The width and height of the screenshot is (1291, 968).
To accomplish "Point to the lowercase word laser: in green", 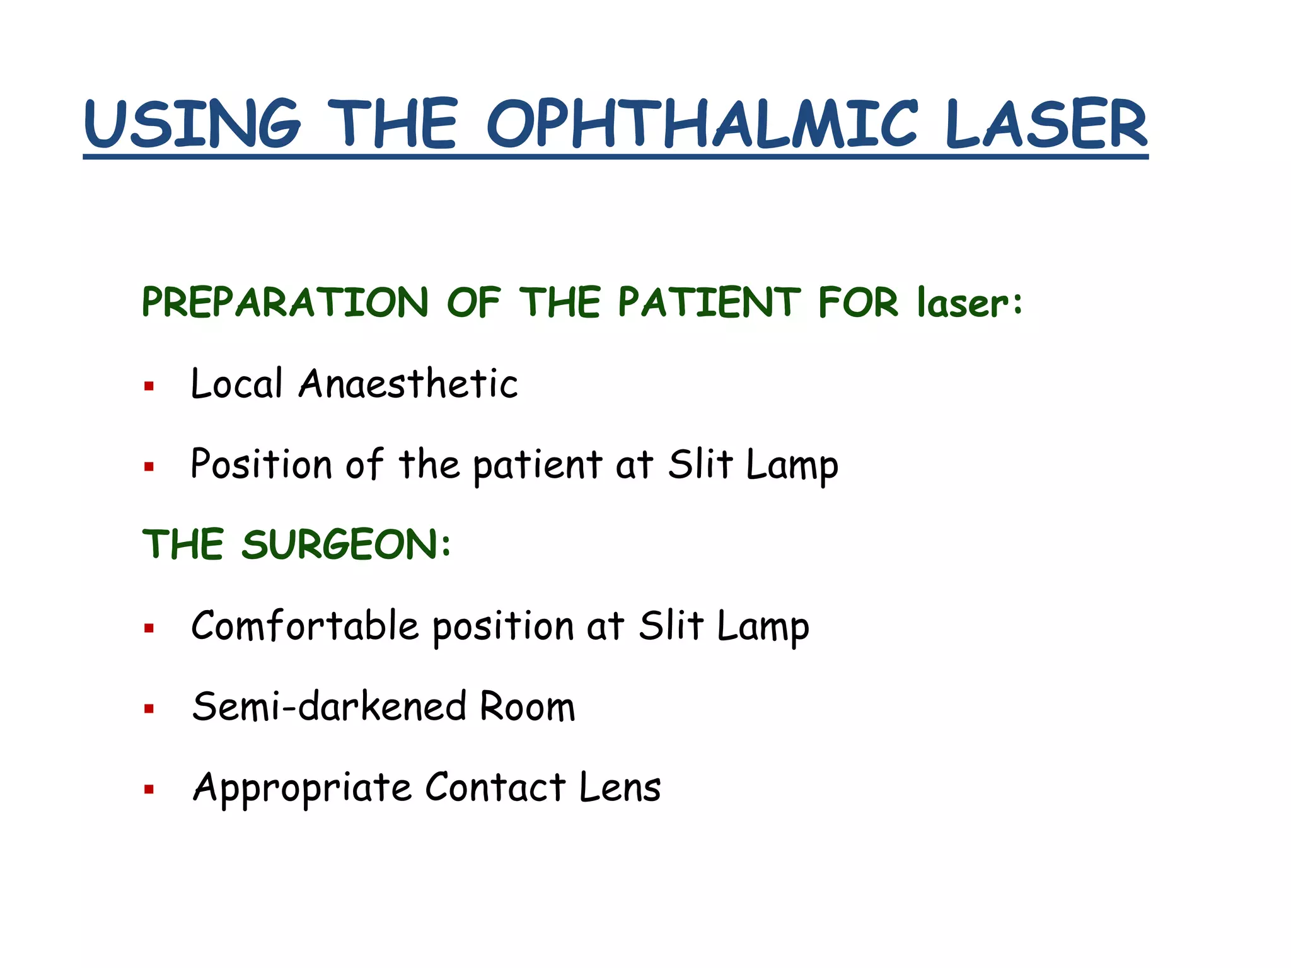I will pos(969,302).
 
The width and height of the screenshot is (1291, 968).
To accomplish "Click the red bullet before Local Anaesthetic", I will pos(149,386).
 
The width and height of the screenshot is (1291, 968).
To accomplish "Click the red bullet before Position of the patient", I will pos(149,467).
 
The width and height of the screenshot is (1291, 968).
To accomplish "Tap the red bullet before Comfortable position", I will pos(149,628).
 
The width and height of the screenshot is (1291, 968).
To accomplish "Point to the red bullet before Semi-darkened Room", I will pos(149,709).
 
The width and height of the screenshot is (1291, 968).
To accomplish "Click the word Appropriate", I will pos(301,788).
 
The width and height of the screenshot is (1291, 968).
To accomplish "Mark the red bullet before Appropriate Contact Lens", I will pos(149,790).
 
